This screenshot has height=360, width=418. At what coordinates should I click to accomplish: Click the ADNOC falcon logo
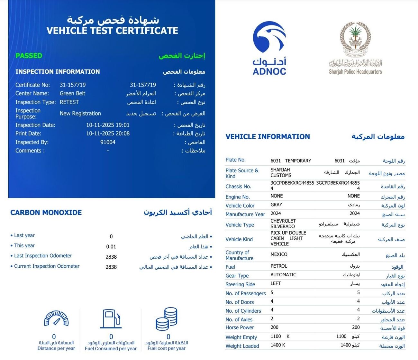(269, 37)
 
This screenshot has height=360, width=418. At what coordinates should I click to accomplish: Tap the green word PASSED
(29, 56)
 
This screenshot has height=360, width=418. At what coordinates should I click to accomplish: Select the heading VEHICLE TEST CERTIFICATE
(112, 31)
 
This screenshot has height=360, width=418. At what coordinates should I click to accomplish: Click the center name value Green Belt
(72, 93)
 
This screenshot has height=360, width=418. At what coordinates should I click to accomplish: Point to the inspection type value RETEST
(69, 102)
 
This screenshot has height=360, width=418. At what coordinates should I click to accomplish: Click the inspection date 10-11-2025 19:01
(108, 125)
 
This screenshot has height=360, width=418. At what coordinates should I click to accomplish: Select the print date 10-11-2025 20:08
(108, 134)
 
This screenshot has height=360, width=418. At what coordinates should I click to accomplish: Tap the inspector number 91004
(108, 142)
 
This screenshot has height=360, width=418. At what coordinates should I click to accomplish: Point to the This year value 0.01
(111, 247)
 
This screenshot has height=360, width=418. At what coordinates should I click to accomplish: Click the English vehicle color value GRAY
(277, 205)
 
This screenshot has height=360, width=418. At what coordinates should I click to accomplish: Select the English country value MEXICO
(279, 254)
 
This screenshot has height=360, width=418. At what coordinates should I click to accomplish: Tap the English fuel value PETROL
(279, 266)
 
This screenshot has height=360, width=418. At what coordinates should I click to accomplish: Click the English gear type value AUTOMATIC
(283, 275)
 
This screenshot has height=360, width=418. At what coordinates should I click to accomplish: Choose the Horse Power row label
(240, 328)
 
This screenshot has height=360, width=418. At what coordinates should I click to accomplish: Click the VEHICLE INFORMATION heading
(268, 137)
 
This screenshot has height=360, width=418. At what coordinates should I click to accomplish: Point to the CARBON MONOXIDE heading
(46, 213)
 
